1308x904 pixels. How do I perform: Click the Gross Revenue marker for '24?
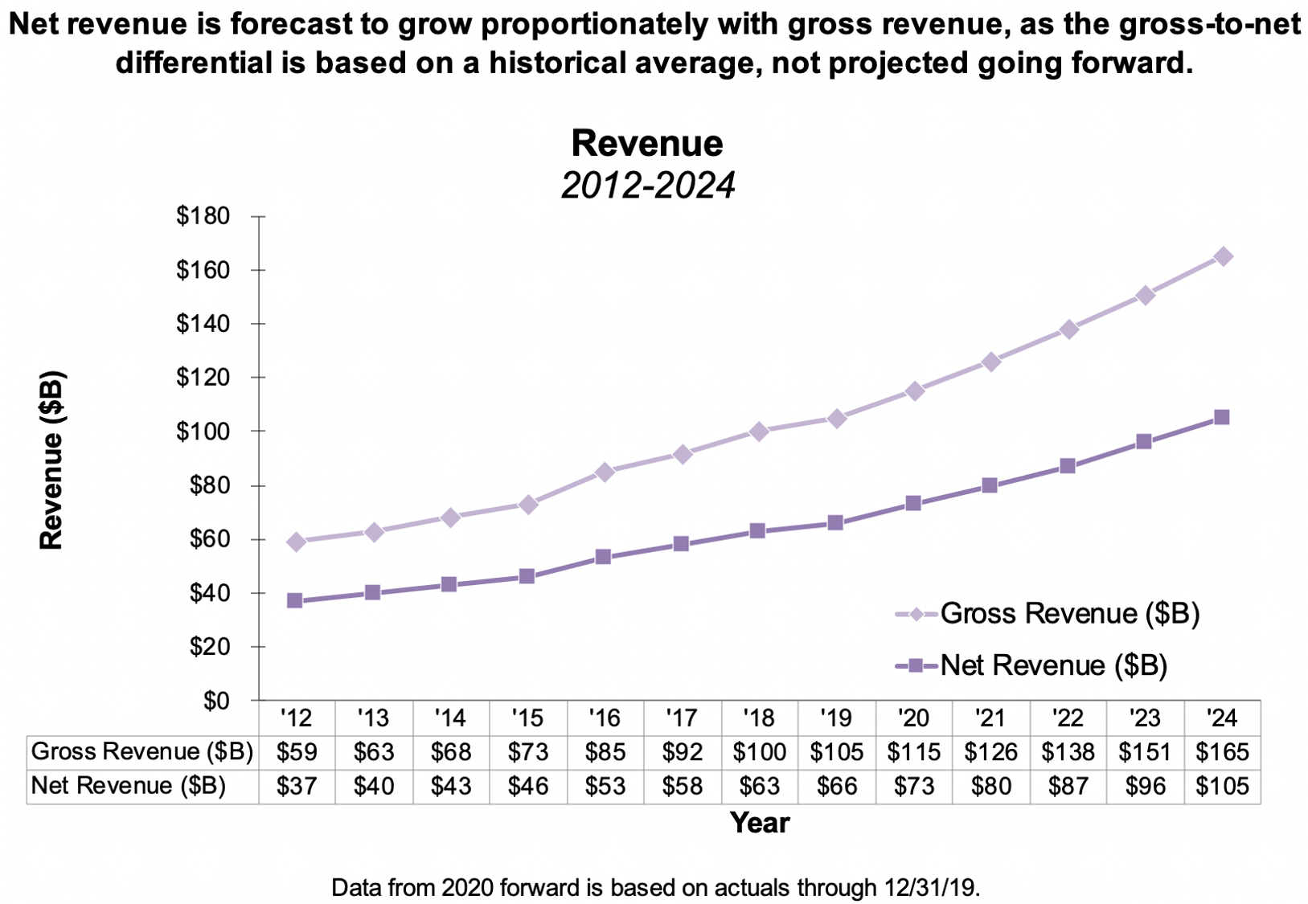pos(1223,257)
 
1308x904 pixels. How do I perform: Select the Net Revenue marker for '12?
pos(295,600)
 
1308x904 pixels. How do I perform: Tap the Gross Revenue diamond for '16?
pos(605,472)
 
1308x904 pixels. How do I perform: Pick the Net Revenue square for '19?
pos(835,523)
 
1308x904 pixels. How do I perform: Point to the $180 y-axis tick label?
pos(203,216)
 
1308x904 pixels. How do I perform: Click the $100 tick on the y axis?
pos(203,432)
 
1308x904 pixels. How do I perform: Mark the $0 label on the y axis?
pos(215,701)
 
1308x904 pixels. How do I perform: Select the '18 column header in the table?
pos(759,717)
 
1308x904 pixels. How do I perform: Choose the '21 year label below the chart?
pos(990,717)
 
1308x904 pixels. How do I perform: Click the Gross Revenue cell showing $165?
pos(1222,752)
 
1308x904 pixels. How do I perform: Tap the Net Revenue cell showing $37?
pos(297,786)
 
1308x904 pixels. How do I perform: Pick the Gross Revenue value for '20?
pos(913,752)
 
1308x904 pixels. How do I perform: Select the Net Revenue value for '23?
pos(1145,786)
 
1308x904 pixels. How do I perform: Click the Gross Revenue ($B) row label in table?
pos(142,752)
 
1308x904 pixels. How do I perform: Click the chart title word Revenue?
pos(647,144)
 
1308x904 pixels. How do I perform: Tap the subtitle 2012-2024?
pos(647,186)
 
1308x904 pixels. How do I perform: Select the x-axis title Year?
pos(760,823)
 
